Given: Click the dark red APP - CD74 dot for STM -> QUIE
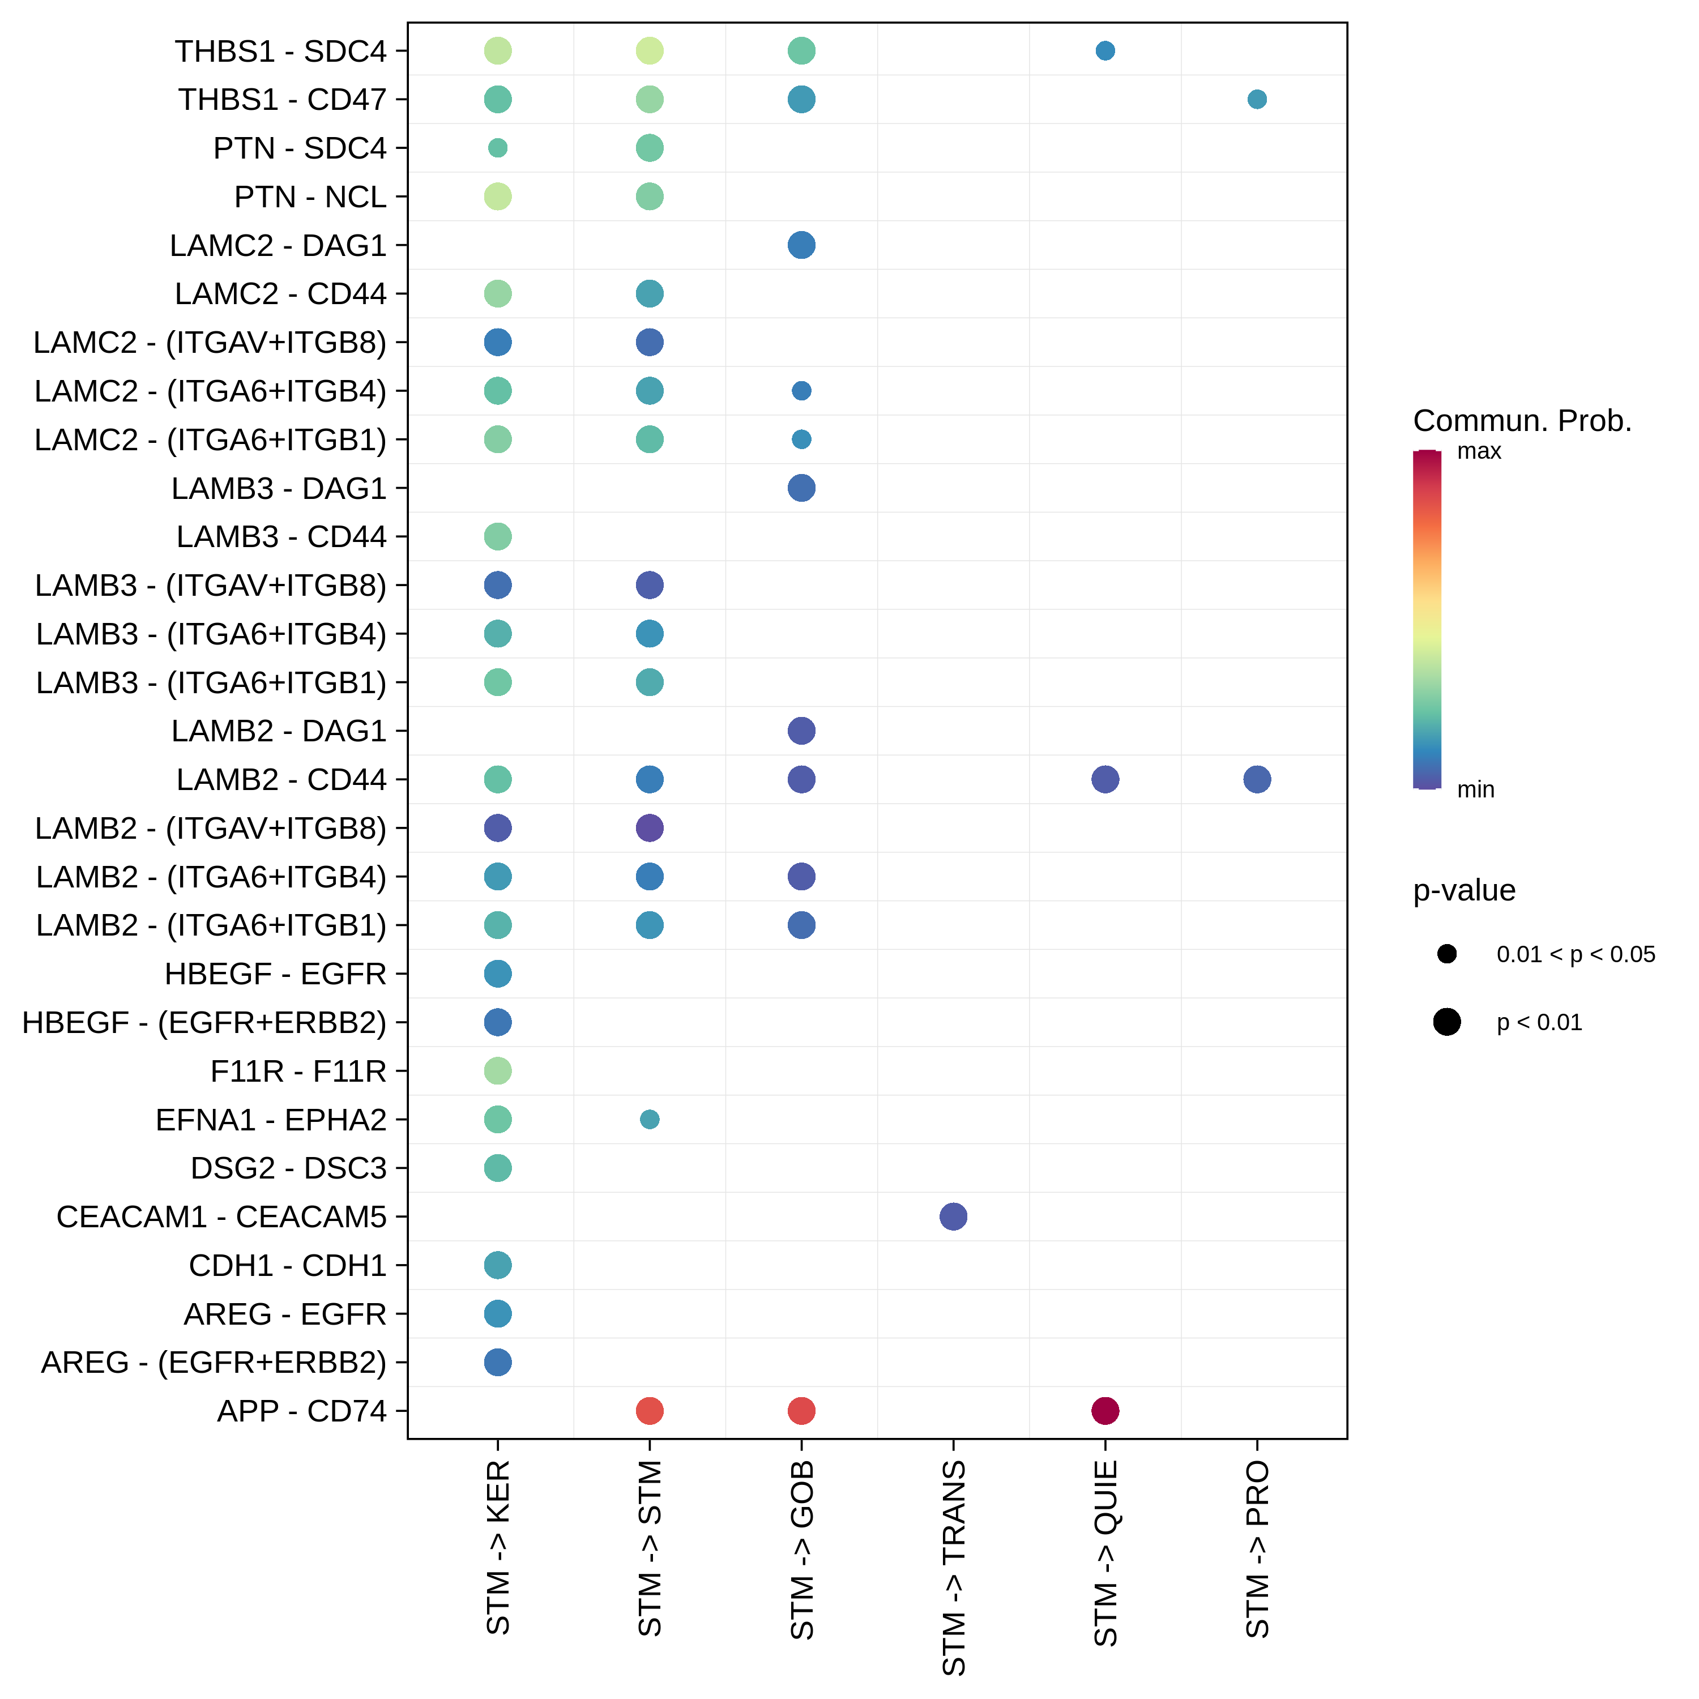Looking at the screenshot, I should [1105, 1411].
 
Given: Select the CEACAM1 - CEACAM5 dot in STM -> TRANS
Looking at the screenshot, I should [953, 1216].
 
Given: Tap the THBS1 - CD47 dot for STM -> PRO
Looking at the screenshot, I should [1257, 99].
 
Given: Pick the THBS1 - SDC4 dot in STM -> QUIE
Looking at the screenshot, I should [1105, 51].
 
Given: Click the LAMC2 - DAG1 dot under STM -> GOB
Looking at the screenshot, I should [801, 245].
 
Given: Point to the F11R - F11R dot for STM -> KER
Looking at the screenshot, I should [498, 1071].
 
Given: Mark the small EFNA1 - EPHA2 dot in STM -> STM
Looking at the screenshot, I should [649, 1120].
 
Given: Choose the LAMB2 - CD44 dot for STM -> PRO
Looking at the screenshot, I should [1257, 779].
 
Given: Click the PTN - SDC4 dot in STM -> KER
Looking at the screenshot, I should [498, 148].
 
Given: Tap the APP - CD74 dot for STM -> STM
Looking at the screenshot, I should [649, 1411].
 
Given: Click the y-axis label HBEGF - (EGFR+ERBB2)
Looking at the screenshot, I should [204, 1023].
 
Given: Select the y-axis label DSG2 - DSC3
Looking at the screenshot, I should [288, 1168].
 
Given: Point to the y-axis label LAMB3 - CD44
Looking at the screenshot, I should [281, 536].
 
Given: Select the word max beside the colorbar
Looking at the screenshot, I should [1479, 452].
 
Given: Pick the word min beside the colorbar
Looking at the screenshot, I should [1476, 789].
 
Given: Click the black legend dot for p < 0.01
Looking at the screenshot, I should [1446, 1022].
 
